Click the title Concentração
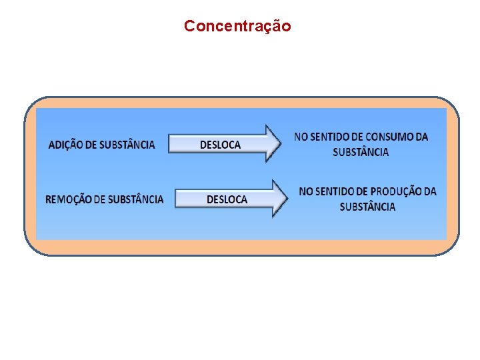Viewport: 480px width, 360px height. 237,27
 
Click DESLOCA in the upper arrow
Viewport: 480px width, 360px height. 220,145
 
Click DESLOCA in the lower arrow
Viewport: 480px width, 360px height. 227,199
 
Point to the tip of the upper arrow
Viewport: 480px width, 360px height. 280,143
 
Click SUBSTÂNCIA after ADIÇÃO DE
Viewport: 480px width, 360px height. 123,145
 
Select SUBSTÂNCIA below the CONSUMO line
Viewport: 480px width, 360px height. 361,152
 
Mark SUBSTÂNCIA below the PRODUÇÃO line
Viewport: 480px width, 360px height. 367,207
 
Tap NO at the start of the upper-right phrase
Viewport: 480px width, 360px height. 301,137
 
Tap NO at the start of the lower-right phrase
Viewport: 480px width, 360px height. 306,192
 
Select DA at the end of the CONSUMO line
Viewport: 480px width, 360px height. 421,137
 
